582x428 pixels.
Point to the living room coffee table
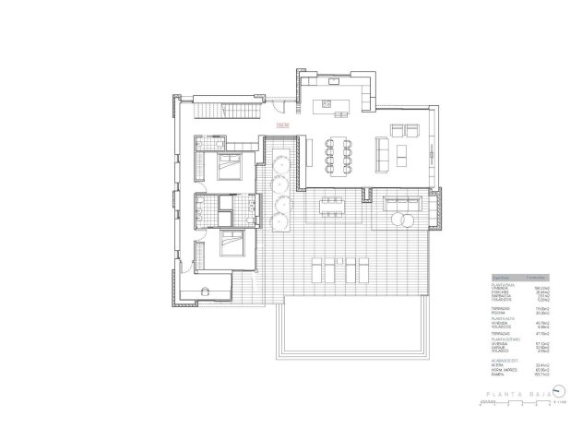click(x=403, y=149)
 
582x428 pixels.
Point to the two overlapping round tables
click(x=405, y=220)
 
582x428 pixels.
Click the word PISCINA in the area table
click(x=503, y=314)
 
